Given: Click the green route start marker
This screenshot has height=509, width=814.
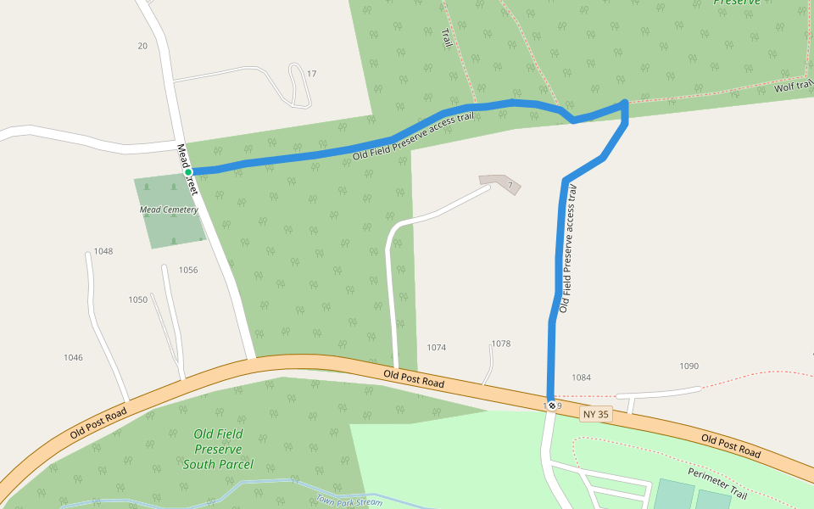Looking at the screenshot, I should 188,172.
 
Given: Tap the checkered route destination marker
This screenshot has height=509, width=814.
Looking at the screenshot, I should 552,406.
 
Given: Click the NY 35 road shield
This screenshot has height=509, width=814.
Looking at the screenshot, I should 595,414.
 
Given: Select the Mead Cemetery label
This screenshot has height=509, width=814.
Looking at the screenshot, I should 169,210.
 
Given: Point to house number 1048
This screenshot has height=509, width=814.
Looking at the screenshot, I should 103,251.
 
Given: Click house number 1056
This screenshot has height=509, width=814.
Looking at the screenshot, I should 188,270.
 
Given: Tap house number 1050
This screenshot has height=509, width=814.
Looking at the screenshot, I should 137,299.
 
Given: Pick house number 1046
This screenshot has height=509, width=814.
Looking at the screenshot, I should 73,357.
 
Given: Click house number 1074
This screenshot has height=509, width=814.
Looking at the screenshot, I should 437,348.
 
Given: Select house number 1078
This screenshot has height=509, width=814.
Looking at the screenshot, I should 501,344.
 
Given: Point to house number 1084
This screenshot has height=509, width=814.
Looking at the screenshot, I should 581,378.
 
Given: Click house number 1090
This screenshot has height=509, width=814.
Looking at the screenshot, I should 689,366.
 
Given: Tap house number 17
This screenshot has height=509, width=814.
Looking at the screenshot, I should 311,74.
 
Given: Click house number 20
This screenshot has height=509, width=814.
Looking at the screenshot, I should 142,46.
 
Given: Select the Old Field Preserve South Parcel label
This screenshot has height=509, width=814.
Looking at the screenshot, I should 218,449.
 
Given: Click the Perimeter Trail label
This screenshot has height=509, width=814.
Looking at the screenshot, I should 717,483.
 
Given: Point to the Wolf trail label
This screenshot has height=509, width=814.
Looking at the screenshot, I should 794,87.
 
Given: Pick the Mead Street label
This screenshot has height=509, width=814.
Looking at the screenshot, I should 187,170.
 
